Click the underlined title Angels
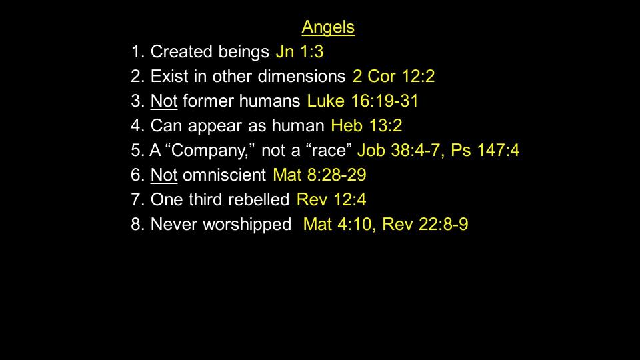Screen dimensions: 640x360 (328, 27)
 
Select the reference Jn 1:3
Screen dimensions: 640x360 (299, 52)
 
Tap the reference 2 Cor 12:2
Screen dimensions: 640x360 (393, 76)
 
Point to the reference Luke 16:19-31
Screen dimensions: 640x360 (363, 101)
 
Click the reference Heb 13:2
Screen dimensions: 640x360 (367, 125)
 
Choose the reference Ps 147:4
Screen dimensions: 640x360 (485, 150)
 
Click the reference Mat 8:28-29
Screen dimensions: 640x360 (319, 175)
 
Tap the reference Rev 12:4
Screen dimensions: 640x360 (331, 199)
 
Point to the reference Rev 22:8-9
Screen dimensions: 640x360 (425, 224)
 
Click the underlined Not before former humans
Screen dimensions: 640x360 (164, 101)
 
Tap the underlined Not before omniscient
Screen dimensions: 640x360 (164, 175)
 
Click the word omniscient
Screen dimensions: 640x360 (225, 175)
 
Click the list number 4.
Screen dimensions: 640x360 (135, 125)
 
